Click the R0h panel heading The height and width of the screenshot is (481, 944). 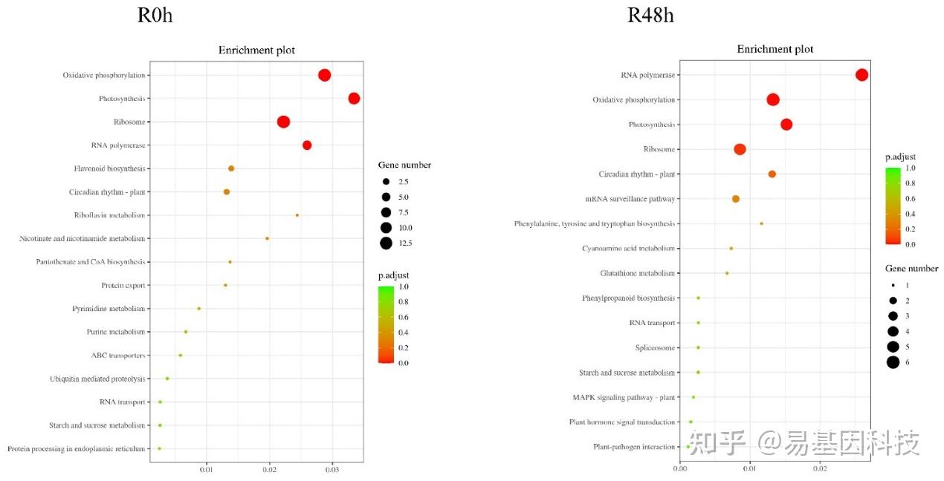(155, 15)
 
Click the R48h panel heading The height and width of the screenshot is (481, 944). (650, 15)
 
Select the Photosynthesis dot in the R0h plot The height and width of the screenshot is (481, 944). (354, 99)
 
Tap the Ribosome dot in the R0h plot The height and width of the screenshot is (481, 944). (283, 122)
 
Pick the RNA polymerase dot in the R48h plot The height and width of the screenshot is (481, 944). (861, 75)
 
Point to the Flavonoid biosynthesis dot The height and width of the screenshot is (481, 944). (231, 168)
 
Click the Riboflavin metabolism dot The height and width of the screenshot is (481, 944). (297, 215)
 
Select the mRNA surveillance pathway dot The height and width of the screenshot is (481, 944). (736, 199)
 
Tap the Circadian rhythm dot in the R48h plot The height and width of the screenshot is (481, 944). (772, 174)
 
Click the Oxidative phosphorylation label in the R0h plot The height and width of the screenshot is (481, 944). (104, 75)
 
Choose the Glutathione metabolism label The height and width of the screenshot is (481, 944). (638, 273)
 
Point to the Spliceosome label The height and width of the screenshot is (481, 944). (655, 347)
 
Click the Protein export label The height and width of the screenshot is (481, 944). (123, 286)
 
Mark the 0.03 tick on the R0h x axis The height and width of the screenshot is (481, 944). (332, 469)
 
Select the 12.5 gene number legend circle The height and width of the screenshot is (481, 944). (387, 243)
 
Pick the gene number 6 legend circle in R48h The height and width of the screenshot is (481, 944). (893, 362)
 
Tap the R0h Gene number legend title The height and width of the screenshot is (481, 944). (404, 165)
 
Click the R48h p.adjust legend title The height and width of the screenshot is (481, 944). (900, 157)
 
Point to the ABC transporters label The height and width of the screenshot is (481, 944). (118, 356)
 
